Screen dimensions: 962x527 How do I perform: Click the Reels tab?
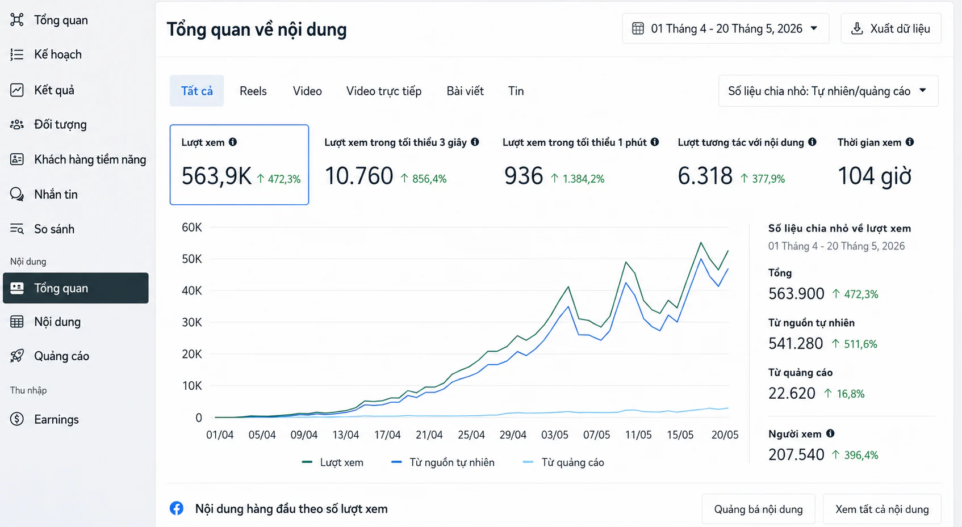253,91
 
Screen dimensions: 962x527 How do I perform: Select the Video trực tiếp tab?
384,91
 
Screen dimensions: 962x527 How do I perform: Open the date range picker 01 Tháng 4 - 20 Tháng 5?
725,29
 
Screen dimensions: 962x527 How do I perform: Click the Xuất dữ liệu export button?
891,29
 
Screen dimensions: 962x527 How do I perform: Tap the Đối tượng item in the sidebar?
60,124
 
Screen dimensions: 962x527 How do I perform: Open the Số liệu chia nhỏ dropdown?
829,91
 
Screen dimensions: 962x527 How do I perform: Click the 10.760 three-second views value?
359,176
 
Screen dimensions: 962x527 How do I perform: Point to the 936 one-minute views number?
524,176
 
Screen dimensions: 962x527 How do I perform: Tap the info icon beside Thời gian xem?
910,142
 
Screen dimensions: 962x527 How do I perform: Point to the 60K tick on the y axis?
191,227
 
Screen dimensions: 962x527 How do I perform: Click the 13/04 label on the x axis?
346,435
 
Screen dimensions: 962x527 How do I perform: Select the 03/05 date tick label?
554,435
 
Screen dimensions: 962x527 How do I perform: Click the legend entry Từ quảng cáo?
563,462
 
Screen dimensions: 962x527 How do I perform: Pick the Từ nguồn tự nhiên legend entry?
443,462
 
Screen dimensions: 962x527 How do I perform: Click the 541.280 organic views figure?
796,343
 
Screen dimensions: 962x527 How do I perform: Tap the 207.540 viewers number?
796,454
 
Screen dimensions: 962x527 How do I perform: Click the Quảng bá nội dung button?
759,509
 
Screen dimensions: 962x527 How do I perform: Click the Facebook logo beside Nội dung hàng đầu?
177,508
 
